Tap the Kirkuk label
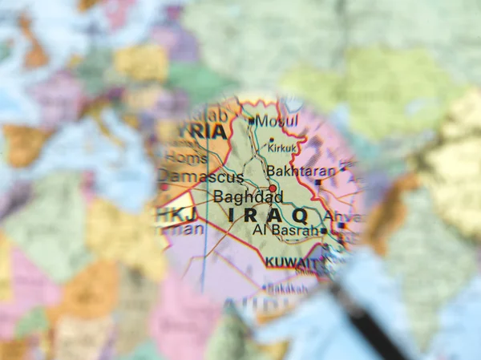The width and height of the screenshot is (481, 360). click(281, 149)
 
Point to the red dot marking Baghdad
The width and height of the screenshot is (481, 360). click(273, 189)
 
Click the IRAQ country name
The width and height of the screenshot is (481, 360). click(268, 216)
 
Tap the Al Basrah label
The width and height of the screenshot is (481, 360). click(285, 231)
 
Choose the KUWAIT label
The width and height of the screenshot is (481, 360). click(292, 262)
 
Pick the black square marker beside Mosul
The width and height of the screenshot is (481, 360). click(251, 121)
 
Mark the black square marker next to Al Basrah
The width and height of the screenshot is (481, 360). click(323, 231)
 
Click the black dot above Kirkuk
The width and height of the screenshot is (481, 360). click(271, 140)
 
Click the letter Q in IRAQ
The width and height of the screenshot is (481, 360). click(299, 216)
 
